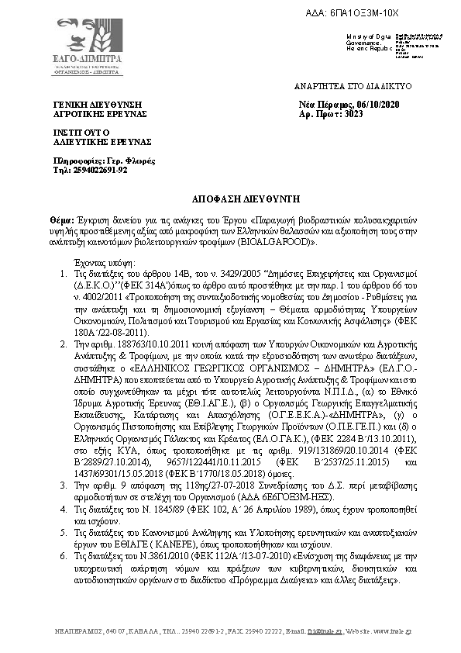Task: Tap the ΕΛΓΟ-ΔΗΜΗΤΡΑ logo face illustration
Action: (x=77, y=33)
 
